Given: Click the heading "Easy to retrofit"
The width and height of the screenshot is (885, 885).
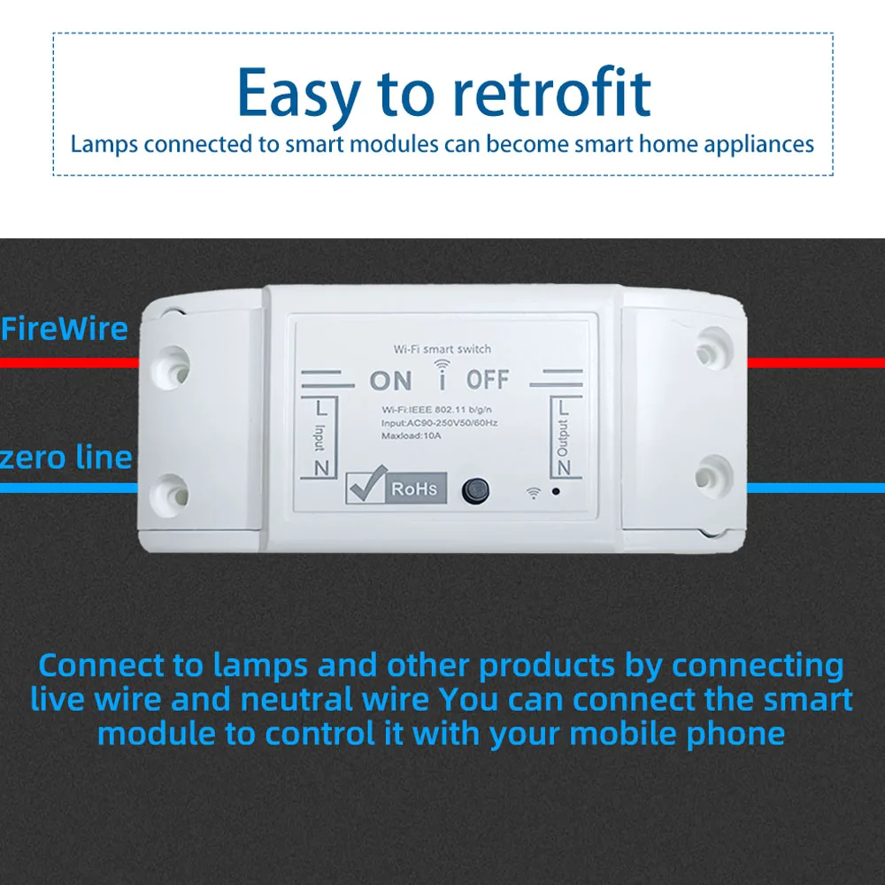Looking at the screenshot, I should pos(443,94).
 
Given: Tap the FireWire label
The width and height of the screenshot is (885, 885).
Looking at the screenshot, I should pos(65,329).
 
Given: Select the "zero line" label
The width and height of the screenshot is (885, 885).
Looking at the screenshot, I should pos(66,458).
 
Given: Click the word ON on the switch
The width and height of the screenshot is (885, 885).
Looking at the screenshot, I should pos(390,381).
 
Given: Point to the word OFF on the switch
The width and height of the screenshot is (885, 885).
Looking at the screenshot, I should pos(488,381).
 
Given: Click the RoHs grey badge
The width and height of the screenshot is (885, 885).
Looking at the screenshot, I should pos(415,489).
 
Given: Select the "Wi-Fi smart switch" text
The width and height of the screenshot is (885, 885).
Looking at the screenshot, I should pos(442,350).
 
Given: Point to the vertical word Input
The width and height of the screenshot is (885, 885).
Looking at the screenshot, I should pos(319,435).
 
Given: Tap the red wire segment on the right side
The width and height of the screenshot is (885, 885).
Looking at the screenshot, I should pos(815,362).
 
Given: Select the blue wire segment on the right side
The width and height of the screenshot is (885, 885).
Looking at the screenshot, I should pos(815,487).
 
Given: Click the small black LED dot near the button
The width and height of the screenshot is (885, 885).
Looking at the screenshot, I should pos(555,490).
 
